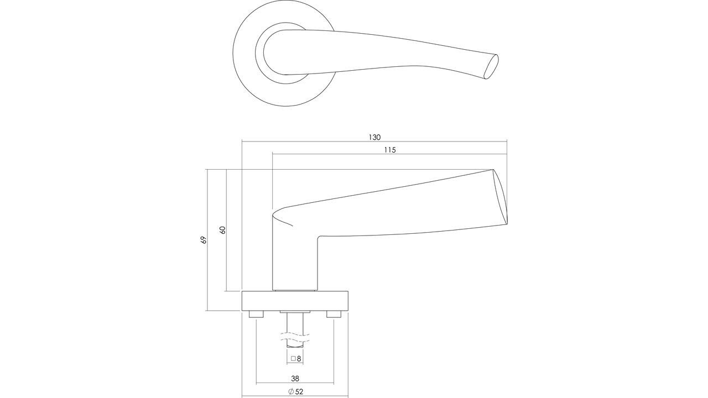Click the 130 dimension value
point(374,137)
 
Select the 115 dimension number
point(389,150)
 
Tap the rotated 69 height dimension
point(204,240)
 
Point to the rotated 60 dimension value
point(223,229)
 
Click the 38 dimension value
point(295,379)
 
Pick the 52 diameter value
point(300,392)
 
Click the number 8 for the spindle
point(299,359)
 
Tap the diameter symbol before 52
point(291,392)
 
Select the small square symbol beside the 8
point(293,359)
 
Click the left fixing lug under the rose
point(256,314)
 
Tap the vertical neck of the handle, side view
point(295,260)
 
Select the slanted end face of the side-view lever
point(501,196)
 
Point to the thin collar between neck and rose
point(295,290)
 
